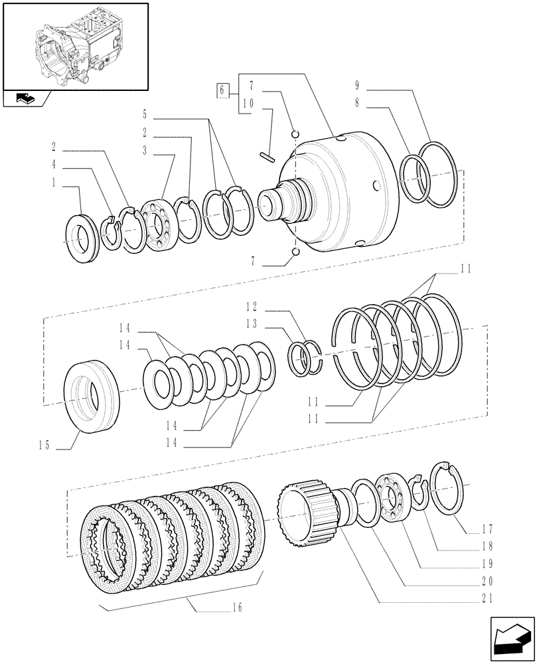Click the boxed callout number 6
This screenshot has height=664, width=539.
coord(223,90)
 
